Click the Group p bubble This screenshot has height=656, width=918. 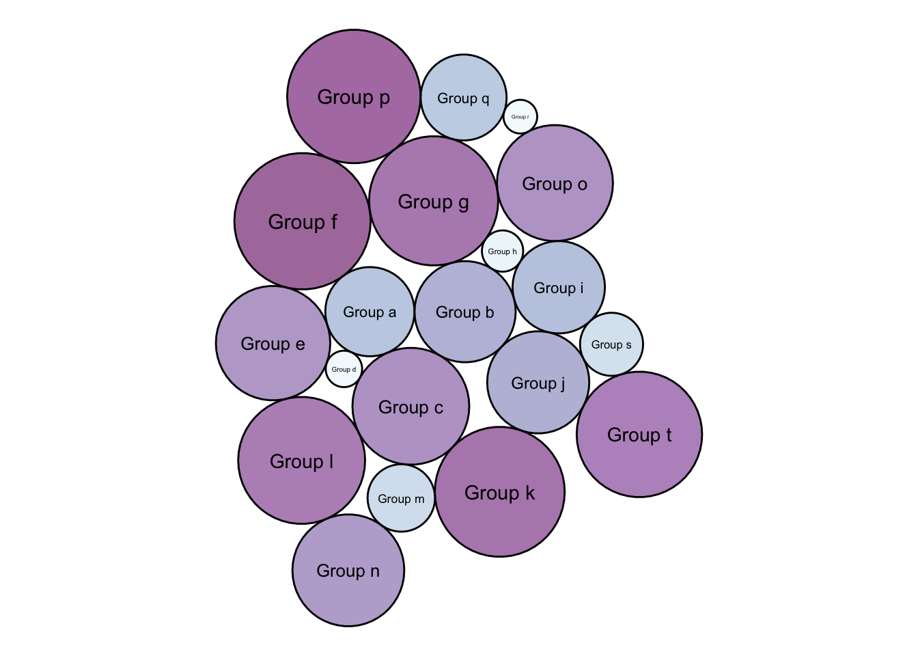[x=354, y=96]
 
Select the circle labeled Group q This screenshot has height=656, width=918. [x=464, y=98]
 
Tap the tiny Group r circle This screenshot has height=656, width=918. [x=520, y=116]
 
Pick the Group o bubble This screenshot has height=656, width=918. [x=555, y=183]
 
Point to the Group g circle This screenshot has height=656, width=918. [x=434, y=201]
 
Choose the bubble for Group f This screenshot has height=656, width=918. [x=303, y=221]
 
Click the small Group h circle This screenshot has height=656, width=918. [x=502, y=251]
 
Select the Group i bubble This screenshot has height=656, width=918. [x=559, y=287]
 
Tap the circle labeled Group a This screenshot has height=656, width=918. [x=370, y=312]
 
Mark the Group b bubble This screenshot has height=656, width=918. [x=465, y=312]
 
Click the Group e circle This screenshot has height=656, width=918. [x=273, y=343]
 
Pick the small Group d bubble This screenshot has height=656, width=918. [x=344, y=369]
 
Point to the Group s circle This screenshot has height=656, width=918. [x=611, y=344]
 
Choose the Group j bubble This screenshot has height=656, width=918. [x=538, y=383]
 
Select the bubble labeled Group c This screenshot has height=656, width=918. [x=411, y=407]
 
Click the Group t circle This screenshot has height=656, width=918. [x=639, y=435]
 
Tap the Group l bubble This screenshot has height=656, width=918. [x=302, y=461]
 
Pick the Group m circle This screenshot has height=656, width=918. [x=401, y=498]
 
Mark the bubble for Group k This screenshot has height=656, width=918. [x=500, y=492]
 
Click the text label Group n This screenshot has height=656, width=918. [x=348, y=571]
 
